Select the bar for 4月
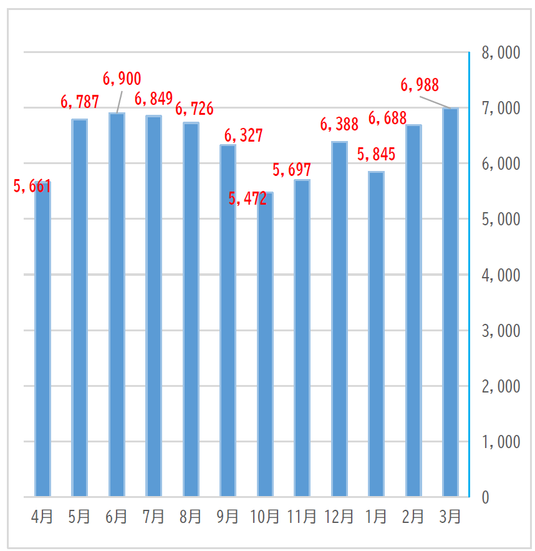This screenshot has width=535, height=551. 42,340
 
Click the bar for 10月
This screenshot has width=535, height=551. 265,346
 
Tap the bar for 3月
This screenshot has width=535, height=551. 450,303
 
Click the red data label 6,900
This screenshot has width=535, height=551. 122,79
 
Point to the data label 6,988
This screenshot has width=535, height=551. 420,85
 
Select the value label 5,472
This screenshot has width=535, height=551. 248,198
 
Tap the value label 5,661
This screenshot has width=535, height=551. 32,186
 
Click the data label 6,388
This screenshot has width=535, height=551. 339,124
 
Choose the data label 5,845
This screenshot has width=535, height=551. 376,154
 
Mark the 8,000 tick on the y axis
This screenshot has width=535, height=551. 501,53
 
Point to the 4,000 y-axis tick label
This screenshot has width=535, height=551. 501,275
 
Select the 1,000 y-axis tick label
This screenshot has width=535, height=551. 501,442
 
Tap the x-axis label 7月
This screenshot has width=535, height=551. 153,517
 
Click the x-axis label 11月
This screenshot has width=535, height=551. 302,517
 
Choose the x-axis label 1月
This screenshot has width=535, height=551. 376,517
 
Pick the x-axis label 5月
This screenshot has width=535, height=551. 79,517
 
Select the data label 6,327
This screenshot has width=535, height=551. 243,135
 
